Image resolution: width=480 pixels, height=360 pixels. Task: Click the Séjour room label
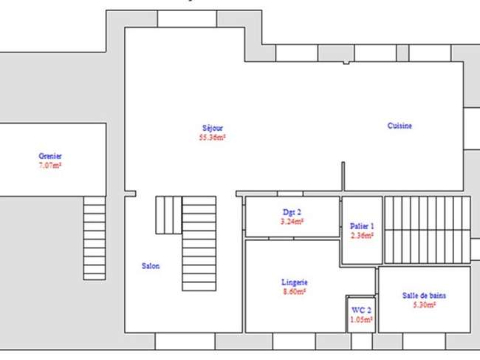click(213, 128)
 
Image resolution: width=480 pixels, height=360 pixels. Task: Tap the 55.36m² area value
click(213, 137)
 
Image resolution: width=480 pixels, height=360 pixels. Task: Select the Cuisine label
click(400, 126)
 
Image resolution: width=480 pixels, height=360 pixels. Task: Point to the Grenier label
click(50, 156)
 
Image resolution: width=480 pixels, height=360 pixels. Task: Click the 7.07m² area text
click(50, 165)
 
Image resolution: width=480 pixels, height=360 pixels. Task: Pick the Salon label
click(151, 266)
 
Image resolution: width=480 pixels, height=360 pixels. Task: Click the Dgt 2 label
click(292, 212)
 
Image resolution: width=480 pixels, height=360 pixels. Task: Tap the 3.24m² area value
click(292, 221)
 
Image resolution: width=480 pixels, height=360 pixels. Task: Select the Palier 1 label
click(362, 226)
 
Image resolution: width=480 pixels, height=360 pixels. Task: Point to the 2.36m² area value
click(362, 235)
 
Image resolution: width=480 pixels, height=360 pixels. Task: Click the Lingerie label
click(295, 282)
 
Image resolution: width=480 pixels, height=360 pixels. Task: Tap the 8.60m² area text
click(295, 291)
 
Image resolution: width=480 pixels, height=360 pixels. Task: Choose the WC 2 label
click(362, 310)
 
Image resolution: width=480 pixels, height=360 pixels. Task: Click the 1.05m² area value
click(362, 319)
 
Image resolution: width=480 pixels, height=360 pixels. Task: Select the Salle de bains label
click(424, 296)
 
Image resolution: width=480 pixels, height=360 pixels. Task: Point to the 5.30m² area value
click(424, 305)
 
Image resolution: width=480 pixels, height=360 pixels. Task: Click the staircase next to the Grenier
click(95, 238)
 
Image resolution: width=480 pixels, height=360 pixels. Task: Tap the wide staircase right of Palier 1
click(428, 230)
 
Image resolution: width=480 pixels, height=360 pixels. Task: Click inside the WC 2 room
click(361, 315)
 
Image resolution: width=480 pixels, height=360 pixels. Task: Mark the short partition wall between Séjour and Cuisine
click(343, 177)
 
